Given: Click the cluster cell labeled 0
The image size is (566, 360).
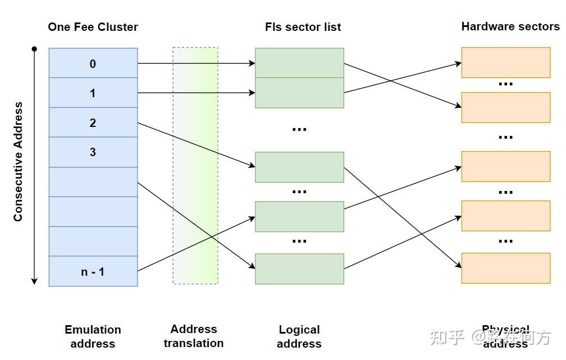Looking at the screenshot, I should [93, 63].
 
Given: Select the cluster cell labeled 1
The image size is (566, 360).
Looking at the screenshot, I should [93, 93].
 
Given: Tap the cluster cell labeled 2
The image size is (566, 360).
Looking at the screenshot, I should [93, 122].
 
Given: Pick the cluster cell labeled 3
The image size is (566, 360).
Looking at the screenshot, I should [93, 152].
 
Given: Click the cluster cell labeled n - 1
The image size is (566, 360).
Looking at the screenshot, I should [93, 271].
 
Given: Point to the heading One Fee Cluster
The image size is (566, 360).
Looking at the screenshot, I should [93, 26].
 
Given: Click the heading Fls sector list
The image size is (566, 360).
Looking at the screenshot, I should [303, 26].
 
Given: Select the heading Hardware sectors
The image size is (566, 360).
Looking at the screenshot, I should [510, 26].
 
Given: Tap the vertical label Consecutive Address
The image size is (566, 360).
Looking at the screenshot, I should [19, 161].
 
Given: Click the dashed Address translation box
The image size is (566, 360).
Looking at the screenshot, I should [195, 166].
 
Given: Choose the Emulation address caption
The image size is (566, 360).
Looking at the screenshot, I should [93, 336].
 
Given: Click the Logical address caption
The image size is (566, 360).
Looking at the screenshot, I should [299, 336].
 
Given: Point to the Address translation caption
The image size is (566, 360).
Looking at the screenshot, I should [194, 336].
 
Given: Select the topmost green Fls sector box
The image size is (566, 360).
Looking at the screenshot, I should [299, 62].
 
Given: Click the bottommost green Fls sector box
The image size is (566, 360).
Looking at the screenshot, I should [299, 268].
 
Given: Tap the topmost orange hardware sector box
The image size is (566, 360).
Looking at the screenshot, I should [505, 62].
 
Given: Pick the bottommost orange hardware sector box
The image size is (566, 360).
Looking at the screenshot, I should [505, 268].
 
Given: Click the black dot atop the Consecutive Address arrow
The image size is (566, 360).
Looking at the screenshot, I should [34, 49].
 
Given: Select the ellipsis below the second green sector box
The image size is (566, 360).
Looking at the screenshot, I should [299, 129].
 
